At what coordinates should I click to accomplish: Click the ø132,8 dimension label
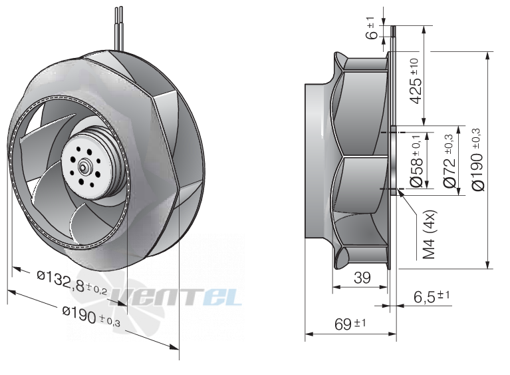[x=72, y=282]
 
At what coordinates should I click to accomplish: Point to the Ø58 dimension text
[x=416, y=161]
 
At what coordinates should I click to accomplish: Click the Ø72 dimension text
[x=449, y=161]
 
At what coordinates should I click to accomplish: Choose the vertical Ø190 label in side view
[x=477, y=159]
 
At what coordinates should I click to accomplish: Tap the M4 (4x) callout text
[x=430, y=234]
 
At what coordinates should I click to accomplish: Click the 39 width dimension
[x=362, y=278]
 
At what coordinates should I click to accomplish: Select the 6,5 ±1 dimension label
[x=432, y=296]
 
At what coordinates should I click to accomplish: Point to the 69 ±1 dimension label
[x=350, y=324]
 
